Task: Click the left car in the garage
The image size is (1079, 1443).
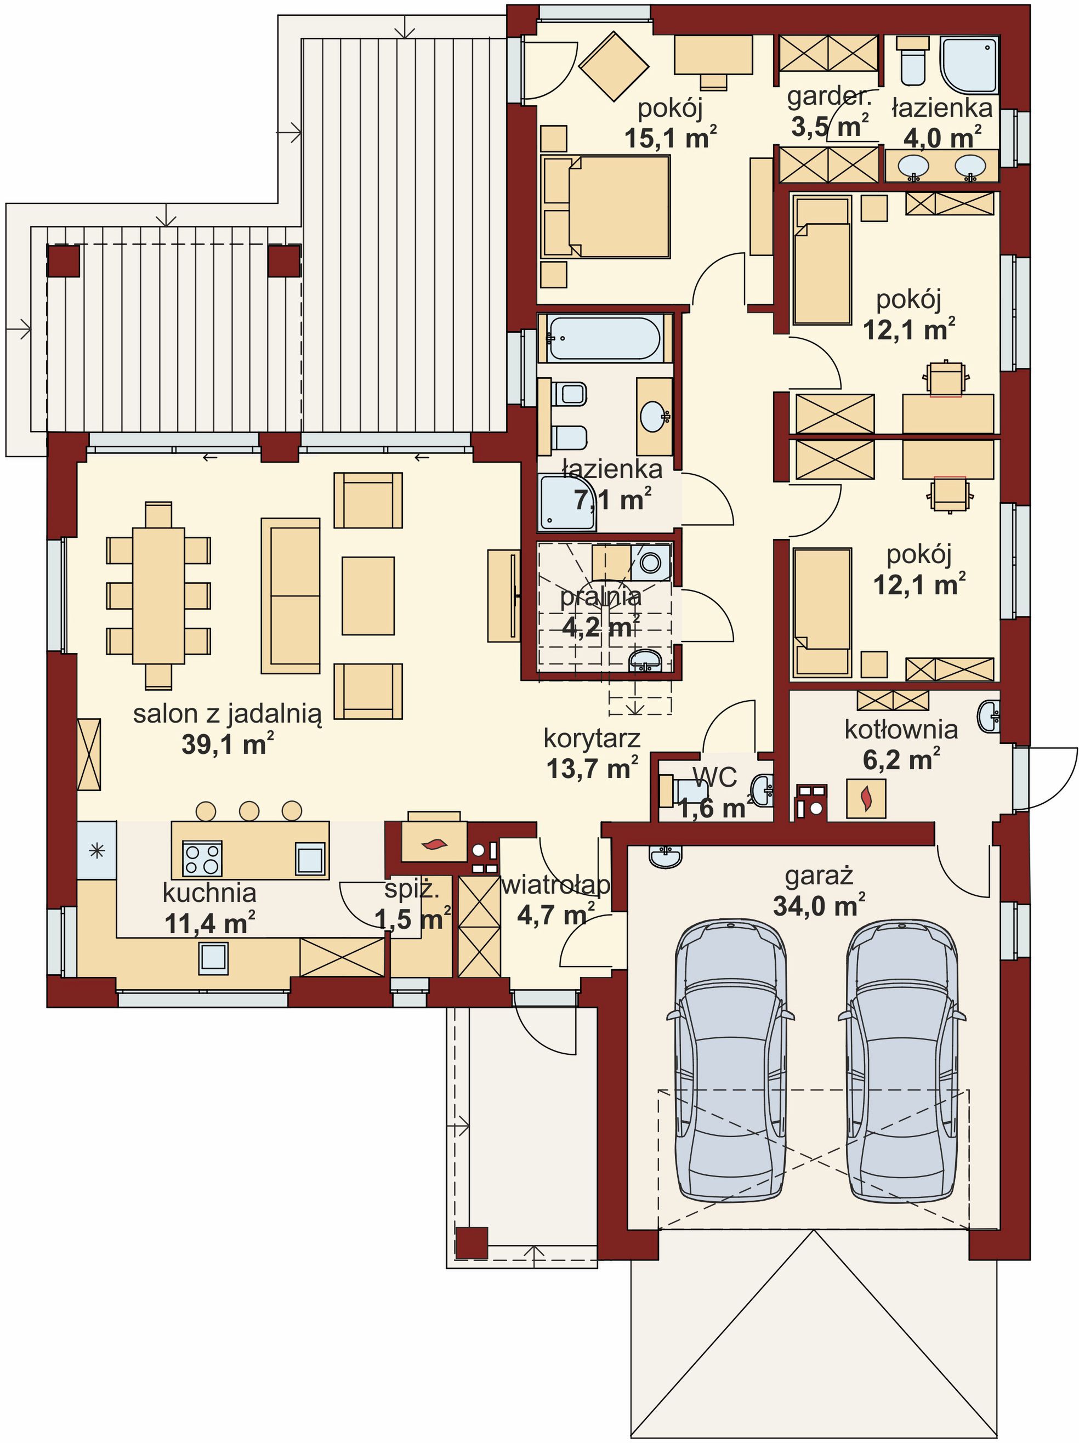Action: pos(730,1060)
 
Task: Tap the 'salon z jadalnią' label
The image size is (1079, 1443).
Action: pos(228,714)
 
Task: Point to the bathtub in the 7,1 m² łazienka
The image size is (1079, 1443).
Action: pos(604,338)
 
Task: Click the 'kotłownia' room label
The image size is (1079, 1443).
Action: pos(901,729)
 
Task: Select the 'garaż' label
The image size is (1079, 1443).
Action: pos(819,876)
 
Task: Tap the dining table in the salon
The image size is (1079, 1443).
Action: pos(158,595)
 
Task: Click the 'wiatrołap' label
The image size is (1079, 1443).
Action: pos(555,884)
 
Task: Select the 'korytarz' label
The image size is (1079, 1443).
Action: pos(592,738)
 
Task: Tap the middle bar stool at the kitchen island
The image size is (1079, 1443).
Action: pos(249,810)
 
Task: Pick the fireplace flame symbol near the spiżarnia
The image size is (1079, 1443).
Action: pos(434,845)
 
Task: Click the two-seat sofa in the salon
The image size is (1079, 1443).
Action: pos(290,595)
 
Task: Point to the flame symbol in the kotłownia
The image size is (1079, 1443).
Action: pos(866,798)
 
